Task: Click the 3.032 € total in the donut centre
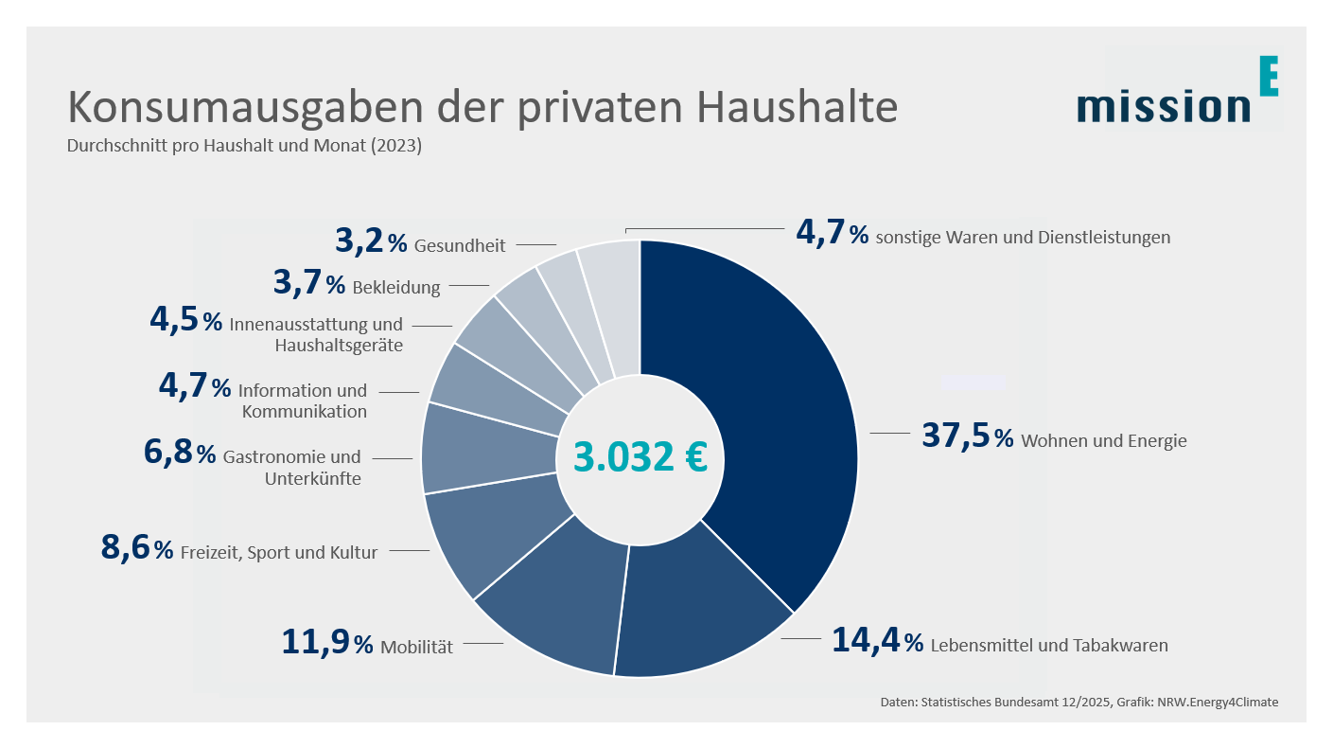tap(640, 456)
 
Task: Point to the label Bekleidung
tap(395, 287)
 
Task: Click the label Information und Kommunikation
tap(303, 401)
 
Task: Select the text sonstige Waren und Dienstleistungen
tap(1023, 237)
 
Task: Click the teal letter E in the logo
tap(1269, 77)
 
